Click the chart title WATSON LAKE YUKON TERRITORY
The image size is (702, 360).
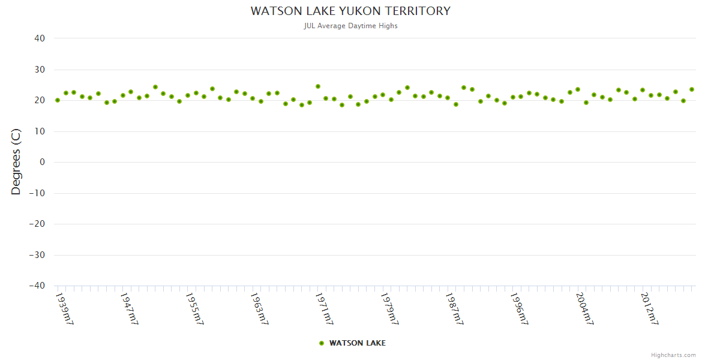(x=350, y=11)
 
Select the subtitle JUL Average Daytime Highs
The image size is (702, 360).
(x=350, y=26)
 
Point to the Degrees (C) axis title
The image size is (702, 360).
(x=16, y=162)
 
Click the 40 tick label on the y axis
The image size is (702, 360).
(x=40, y=38)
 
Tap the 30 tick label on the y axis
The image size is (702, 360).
(x=40, y=70)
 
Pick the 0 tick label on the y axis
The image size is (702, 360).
(x=42, y=162)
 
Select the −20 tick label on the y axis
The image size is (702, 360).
(x=37, y=224)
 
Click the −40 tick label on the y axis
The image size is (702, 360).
(x=37, y=286)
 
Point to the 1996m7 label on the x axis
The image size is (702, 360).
(x=520, y=308)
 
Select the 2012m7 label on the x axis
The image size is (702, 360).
(x=650, y=308)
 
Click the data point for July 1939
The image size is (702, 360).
(x=58, y=100)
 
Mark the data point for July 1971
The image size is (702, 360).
(x=318, y=86)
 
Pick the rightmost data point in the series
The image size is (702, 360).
(x=691, y=89)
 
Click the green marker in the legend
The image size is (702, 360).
(x=322, y=343)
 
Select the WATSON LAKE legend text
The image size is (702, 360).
(x=358, y=343)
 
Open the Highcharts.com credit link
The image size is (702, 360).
(x=673, y=355)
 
